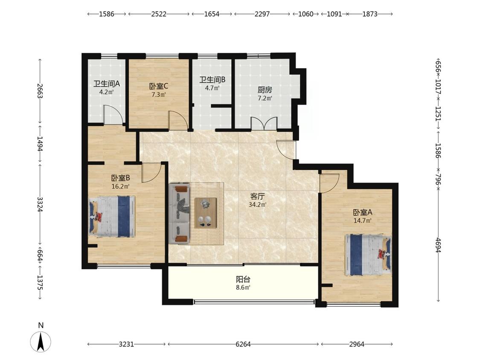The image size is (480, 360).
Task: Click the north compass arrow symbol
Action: [41, 341]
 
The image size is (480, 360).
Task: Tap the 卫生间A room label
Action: [107, 84]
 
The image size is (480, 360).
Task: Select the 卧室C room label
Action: [159, 86]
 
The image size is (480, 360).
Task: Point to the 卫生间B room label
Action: [212, 80]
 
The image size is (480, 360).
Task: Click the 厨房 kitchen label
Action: [265, 90]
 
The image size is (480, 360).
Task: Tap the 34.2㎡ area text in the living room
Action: [257, 204]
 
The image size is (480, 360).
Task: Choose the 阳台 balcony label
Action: [243, 279]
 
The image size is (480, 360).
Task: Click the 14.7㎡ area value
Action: [363, 221]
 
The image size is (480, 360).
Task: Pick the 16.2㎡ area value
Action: [121, 186]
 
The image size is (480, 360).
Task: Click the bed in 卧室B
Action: [112, 216]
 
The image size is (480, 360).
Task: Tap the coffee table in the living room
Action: [206, 213]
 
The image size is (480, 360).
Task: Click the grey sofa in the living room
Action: [179, 213]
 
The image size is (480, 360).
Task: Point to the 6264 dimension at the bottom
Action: [243, 344]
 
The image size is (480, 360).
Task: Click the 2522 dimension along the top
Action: [159, 14]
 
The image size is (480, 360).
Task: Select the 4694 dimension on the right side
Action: [439, 245]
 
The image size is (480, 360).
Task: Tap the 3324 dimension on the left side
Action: [40, 204]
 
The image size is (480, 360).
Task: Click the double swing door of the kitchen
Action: [264, 123]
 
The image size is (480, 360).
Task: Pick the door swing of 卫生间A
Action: [113, 115]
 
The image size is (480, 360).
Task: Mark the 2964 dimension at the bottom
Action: [357, 344]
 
